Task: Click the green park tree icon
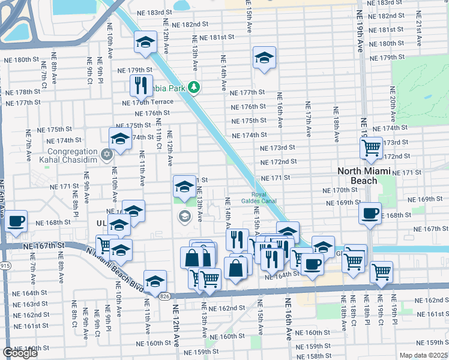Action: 194,88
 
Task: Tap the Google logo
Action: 20,353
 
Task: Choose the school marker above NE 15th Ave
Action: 264,58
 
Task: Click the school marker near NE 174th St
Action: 121,139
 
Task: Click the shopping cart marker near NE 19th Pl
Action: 382,271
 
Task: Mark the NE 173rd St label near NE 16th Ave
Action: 278,148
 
